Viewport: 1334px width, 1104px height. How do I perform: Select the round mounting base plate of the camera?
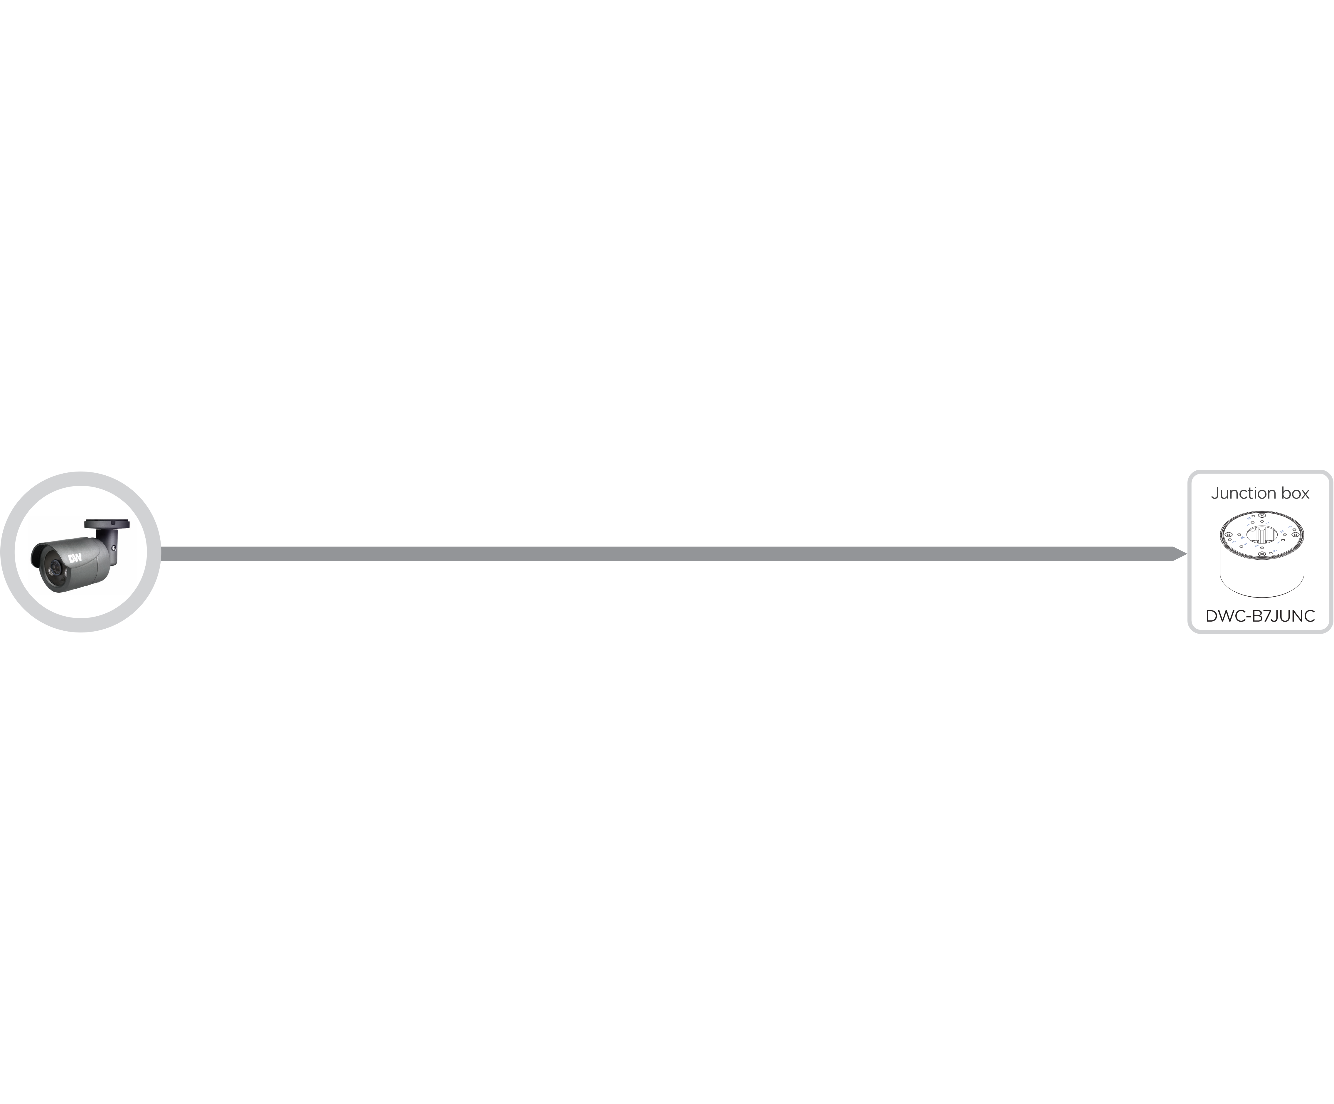107,524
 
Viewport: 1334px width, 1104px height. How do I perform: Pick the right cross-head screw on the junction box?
1295,535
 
